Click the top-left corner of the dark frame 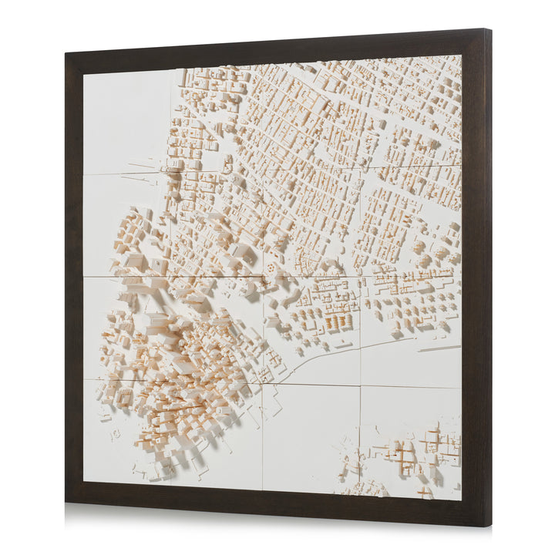pos(67,55)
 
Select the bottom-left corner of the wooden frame pos(67,502)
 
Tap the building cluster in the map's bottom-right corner pos(416,455)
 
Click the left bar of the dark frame pos(74,277)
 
